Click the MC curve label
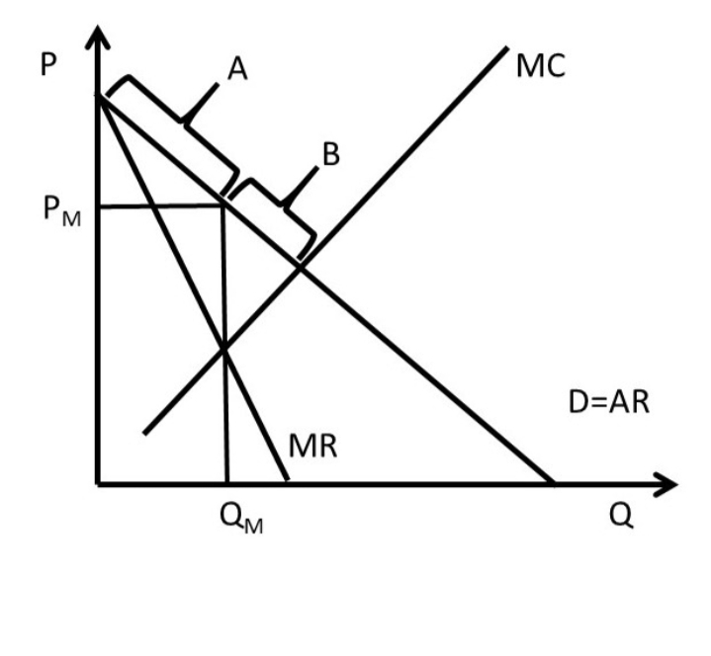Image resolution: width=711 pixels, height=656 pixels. tap(541, 65)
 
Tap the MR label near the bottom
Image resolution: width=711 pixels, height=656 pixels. tap(312, 447)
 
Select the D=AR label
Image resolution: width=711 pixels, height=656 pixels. tap(608, 402)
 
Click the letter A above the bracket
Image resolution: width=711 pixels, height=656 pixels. tap(237, 69)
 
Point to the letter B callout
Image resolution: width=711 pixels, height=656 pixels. tap(330, 154)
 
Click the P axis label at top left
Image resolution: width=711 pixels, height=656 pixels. tap(48, 64)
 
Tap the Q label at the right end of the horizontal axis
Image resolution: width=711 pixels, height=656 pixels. tap(621, 515)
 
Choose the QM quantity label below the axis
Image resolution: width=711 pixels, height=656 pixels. tap(240, 519)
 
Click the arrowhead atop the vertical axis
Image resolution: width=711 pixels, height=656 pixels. tap(97, 37)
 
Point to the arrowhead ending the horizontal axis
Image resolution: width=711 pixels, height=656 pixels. tap(667, 484)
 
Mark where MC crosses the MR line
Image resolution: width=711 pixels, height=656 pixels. tap(224, 349)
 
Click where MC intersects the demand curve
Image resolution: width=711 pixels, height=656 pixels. tap(301, 269)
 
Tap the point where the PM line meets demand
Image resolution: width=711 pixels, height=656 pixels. tap(222, 206)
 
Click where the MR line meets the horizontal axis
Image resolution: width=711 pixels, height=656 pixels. tap(287, 480)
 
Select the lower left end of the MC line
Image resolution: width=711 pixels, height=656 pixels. tap(144, 434)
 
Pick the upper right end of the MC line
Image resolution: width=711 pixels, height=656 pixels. tap(507, 47)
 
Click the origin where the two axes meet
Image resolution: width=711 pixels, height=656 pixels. tap(98, 484)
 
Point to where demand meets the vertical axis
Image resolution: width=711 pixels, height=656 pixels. tap(98, 96)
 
